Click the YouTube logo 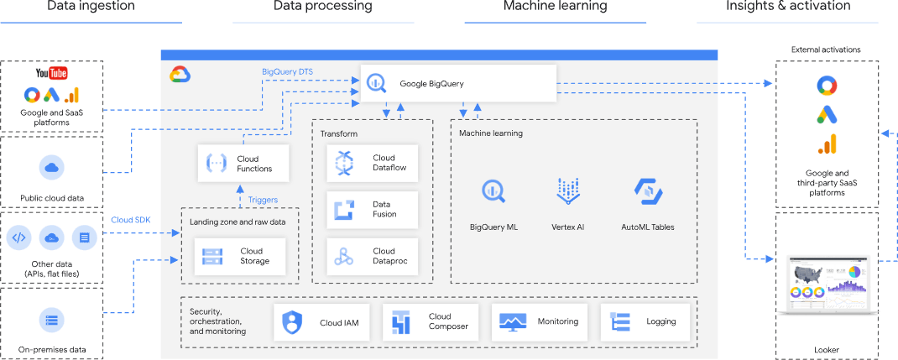[x=51, y=74]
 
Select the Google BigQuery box [x=459, y=83]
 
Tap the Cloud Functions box [x=242, y=164]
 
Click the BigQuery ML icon [x=493, y=192]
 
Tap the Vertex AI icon [x=568, y=192]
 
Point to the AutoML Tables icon [x=647, y=192]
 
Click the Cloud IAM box [x=322, y=322]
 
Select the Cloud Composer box [x=431, y=322]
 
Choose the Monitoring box [x=540, y=322]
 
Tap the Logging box [x=650, y=322]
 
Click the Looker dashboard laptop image [x=828, y=285]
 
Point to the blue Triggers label [x=263, y=200]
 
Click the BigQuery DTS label [x=287, y=71]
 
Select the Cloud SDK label [x=130, y=220]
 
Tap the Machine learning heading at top [x=555, y=7]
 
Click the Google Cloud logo [x=180, y=75]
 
